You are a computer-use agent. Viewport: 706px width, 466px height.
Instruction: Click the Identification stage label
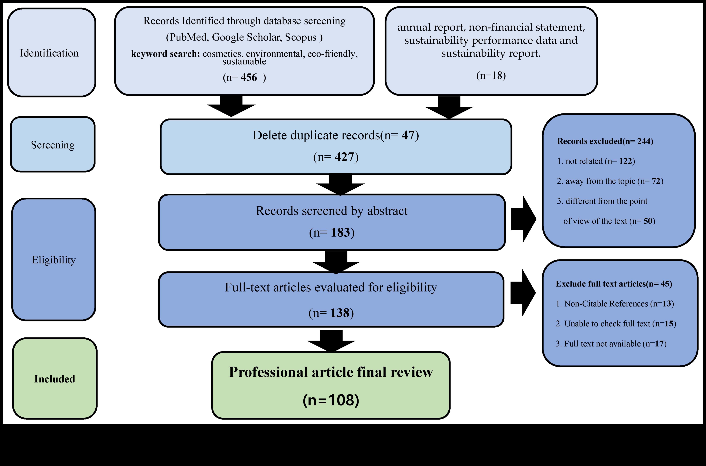tap(49, 53)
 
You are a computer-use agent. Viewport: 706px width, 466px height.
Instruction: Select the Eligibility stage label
tap(54, 260)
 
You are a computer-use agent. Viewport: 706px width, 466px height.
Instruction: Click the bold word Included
tap(55, 379)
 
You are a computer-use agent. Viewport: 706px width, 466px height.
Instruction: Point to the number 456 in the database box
tap(249, 77)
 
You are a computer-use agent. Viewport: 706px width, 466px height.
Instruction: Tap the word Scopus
tap(300, 37)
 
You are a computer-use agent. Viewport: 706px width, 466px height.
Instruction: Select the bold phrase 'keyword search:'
tap(166, 54)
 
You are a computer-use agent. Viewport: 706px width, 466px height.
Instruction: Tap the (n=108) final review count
tap(331, 400)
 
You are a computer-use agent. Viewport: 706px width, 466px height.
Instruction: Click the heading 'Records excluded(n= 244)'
tap(605, 141)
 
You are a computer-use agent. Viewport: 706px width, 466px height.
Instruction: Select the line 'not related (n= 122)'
tap(596, 161)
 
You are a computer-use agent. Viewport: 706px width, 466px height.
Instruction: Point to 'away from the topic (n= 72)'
tap(610, 181)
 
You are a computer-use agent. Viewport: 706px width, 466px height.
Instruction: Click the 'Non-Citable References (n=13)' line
tap(615, 304)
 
